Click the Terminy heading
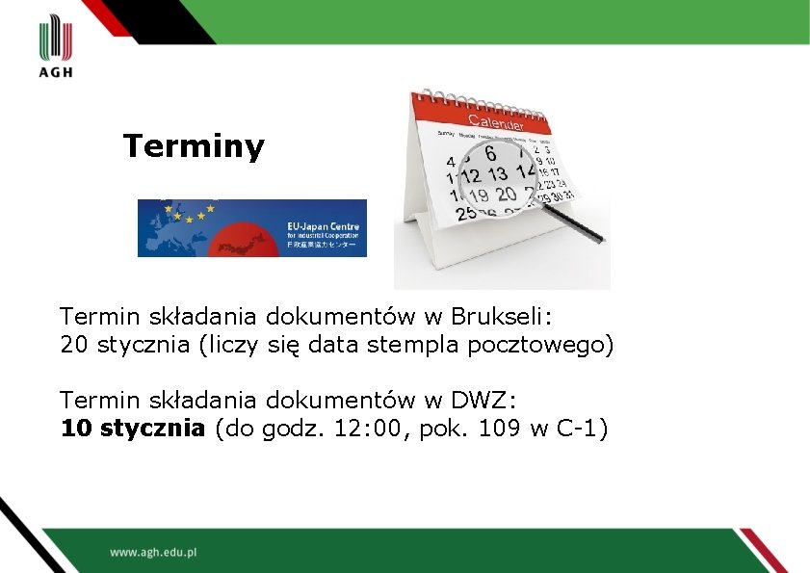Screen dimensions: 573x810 [x=193, y=146]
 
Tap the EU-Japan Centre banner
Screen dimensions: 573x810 [x=252, y=228]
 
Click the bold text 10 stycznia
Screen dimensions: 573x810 [x=133, y=429]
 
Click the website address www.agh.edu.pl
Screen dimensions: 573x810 [x=153, y=553]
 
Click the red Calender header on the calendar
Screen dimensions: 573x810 [x=495, y=120]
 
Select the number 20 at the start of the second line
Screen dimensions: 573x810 [x=73, y=345]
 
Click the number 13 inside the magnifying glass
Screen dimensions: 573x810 [x=497, y=174]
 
